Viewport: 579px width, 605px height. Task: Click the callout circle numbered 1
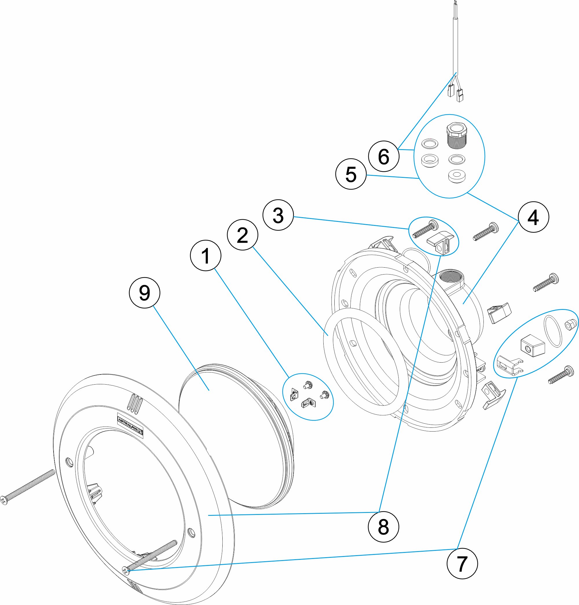click(206, 255)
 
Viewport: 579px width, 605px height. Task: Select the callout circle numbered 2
click(242, 235)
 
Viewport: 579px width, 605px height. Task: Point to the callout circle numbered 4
click(533, 217)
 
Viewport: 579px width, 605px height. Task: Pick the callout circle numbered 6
click(384, 156)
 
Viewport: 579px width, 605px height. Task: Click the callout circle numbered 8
click(383, 526)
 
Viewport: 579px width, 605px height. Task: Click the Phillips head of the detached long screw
click(4, 500)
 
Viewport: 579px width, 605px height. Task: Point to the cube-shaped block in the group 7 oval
click(533, 345)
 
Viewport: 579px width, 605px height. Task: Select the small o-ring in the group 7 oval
click(553, 331)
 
